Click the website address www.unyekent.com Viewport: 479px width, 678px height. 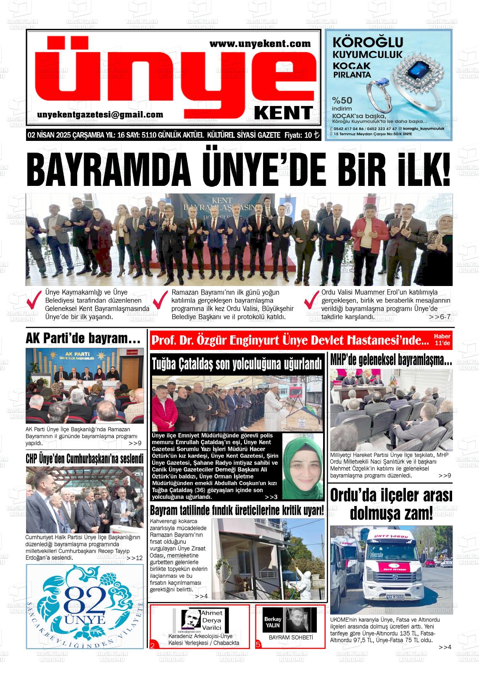[x=260, y=44]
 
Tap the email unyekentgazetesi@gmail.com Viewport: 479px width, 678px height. [x=100, y=115]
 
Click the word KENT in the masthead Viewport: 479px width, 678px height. [x=284, y=113]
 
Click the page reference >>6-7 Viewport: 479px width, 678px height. [x=440, y=317]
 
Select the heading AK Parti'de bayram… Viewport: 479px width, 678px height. [x=83, y=338]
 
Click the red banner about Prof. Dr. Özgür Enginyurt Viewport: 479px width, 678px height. [x=290, y=340]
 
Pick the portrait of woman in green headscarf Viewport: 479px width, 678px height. [x=302, y=466]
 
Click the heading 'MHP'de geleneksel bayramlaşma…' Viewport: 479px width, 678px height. [x=391, y=360]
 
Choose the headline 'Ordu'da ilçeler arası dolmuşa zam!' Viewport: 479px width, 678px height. [x=391, y=504]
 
